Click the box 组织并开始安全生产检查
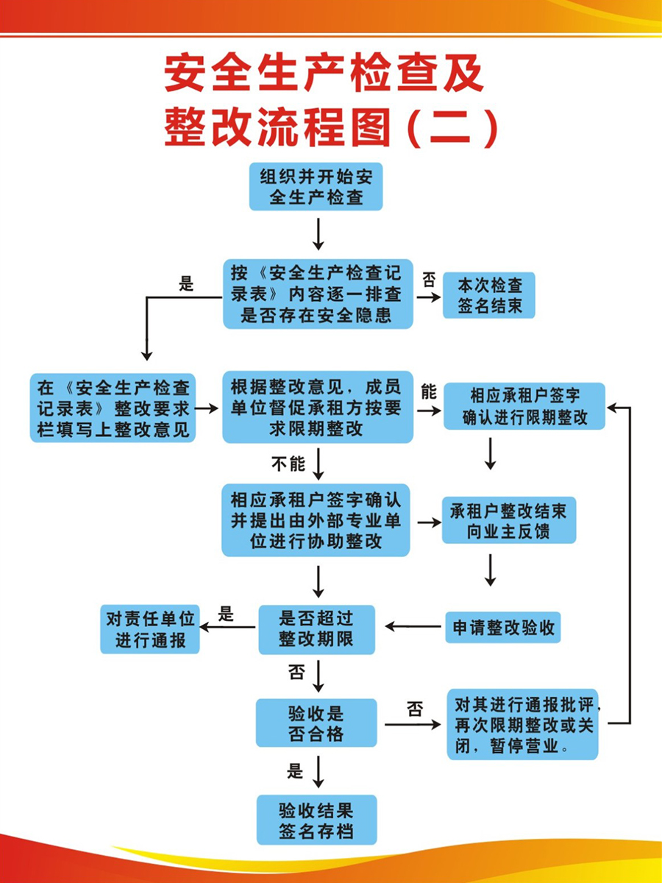pos(316,186)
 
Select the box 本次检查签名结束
pos(488,295)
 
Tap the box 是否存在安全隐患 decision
pos(318,294)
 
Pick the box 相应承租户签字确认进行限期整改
pos(524,406)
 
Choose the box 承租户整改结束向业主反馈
pos(508,521)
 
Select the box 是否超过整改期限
pos(316,629)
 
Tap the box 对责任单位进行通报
pos(150,629)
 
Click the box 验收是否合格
pos(316,723)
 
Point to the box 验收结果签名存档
pos(316,820)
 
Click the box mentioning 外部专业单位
pos(316,520)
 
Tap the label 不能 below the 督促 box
pos(287,464)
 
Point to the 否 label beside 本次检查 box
pos(428,280)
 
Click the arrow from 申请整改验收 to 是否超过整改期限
pos(413,627)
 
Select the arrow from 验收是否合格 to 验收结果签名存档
pos(318,773)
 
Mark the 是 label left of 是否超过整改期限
pos(226,614)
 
